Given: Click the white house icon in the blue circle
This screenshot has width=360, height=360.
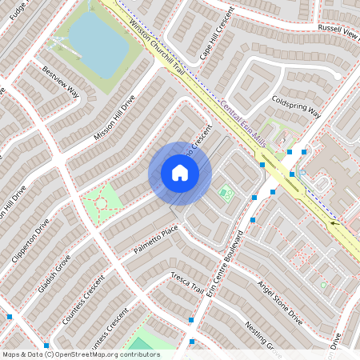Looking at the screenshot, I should click(x=180, y=173).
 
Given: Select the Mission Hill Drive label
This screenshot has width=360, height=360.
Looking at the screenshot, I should click(x=115, y=119).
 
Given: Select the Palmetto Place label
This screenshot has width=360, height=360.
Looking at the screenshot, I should click(x=156, y=239).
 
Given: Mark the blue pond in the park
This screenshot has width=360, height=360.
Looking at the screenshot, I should click(x=99, y=43).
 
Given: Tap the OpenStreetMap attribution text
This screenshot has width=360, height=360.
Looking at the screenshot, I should click(x=81, y=354).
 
